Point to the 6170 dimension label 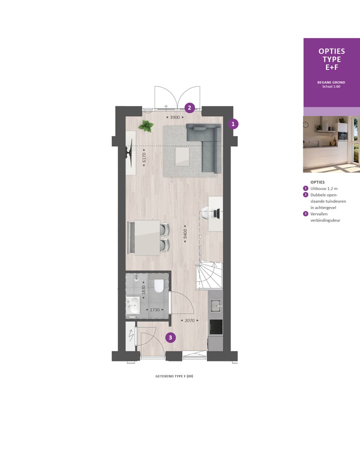pos(144,158)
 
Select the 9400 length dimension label pos(185,233)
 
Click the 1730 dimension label pos(152,310)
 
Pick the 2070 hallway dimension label pos(189,320)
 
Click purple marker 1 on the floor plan pos(233,123)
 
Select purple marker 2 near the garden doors pos(189,107)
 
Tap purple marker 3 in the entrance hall pos(170,337)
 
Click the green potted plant pos(146,126)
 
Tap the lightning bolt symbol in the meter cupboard pos(131,335)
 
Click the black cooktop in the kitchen pos(216,327)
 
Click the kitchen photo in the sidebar pos(331,144)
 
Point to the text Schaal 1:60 pos(331,86)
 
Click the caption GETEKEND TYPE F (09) pos(173,376)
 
